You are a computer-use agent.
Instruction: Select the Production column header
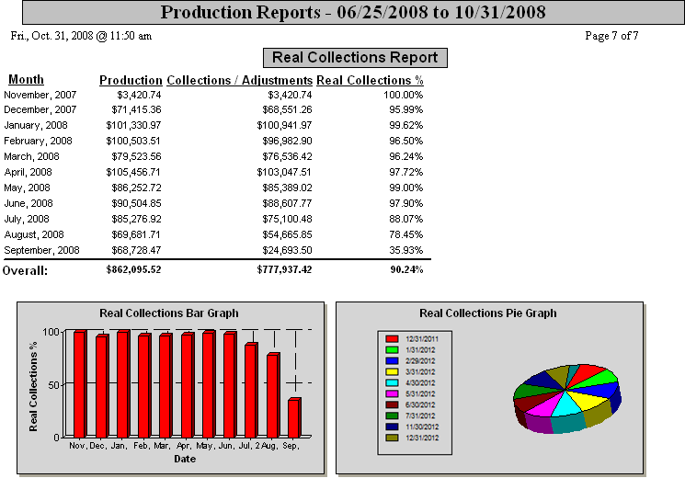pos(131,80)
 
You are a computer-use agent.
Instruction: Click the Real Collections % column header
pos(370,80)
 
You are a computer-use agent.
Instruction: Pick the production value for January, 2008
pos(134,125)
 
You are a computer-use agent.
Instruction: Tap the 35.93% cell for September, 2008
pos(404,250)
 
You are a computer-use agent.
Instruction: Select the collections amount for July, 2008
pos(287,219)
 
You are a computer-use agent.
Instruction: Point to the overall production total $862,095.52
pos(133,270)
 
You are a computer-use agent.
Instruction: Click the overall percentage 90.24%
pos(405,270)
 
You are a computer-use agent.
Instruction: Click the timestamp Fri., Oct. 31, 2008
pos(81,36)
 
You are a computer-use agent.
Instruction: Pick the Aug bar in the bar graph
pos(273,395)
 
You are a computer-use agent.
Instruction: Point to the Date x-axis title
pos(185,458)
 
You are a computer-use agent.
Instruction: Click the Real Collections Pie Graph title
pos(487,313)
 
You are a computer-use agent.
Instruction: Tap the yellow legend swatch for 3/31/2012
pos(391,371)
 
